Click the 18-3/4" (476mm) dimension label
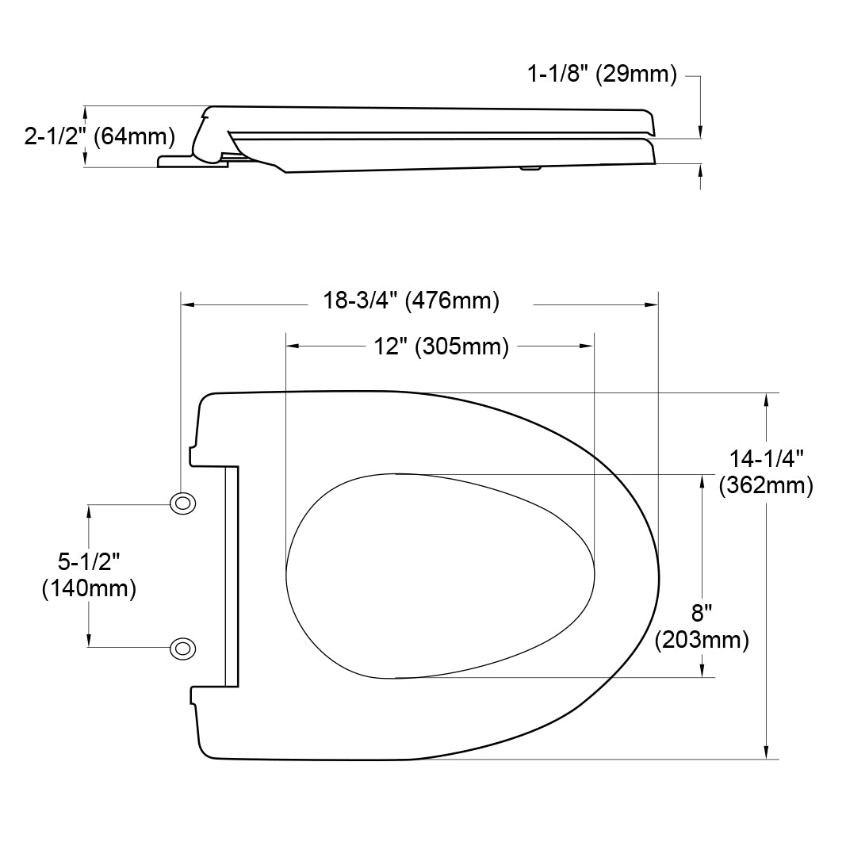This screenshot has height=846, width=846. point(411,301)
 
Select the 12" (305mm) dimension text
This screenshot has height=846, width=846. point(441,346)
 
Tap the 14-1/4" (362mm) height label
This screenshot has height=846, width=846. point(766,472)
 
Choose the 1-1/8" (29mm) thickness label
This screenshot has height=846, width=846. point(602,75)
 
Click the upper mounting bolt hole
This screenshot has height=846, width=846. point(183,503)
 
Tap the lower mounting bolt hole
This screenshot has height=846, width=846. point(183,648)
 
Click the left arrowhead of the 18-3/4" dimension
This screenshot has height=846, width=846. point(189,304)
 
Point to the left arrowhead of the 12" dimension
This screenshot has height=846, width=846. point(292,346)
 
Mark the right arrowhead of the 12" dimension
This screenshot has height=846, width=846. point(587,346)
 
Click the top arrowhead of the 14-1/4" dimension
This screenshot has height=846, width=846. point(766,399)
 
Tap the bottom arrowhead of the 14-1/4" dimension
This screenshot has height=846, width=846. point(766,752)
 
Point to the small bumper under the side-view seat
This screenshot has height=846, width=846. point(530,167)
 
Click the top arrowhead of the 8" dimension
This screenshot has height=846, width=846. point(702,480)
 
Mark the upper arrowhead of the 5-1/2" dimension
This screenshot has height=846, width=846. point(89,511)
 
